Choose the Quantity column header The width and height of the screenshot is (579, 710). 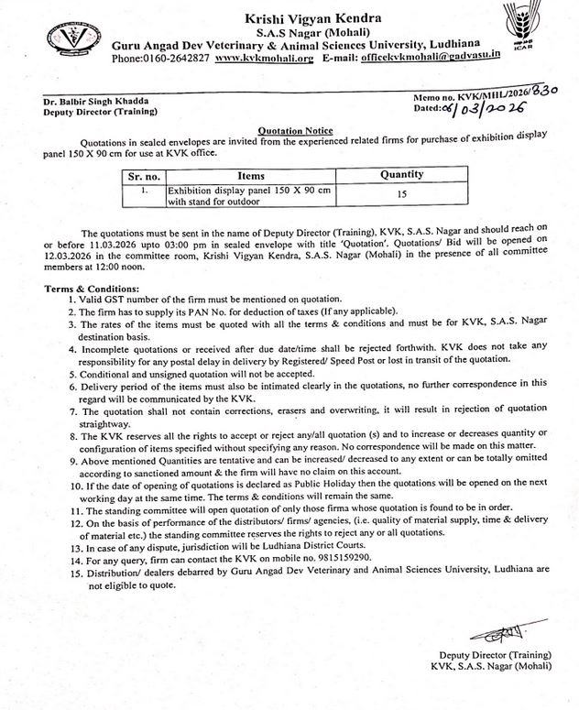[x=401, y=174]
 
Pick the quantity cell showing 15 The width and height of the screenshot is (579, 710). [x=401, y=194]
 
